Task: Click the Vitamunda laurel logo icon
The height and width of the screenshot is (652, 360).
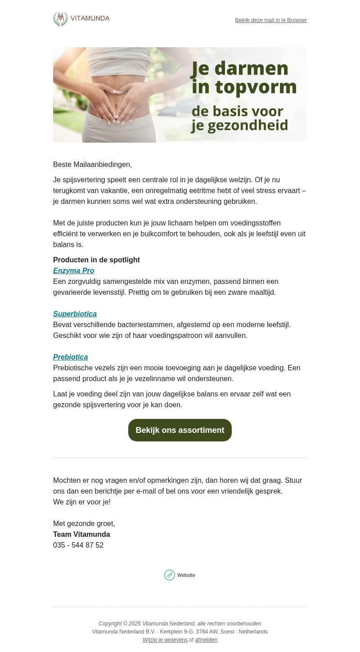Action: [x=60, y=19]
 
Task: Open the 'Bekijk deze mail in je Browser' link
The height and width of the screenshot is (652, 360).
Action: [x=270, y=20]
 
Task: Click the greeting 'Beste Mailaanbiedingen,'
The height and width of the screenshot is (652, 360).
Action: [x=92, y=165]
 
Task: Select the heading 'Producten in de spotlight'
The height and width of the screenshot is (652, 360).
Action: [x=96, y=260]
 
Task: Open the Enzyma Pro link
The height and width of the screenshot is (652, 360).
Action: [x=73, y=271]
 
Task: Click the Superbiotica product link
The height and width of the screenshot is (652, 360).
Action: [x=75, y=314]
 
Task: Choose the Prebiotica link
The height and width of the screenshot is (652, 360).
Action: [x=70, y=357]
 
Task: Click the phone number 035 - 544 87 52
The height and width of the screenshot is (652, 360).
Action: [x=78, y=545]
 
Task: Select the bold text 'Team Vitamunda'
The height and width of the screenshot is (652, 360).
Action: [x=81, y=535]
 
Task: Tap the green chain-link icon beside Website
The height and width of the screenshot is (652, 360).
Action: [x=170, y=575]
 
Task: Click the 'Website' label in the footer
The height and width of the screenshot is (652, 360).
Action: [x=186, y=576]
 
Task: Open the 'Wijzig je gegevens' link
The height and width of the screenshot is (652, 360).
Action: [x=165, y=640]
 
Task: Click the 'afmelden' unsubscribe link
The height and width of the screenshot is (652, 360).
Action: [x=206, y=640]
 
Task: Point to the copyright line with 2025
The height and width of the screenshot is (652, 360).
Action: [x=180, y=624]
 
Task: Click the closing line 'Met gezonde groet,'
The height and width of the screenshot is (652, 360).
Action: [x=84, y=524]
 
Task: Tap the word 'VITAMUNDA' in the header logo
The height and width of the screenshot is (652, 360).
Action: [x=90, y=18]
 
